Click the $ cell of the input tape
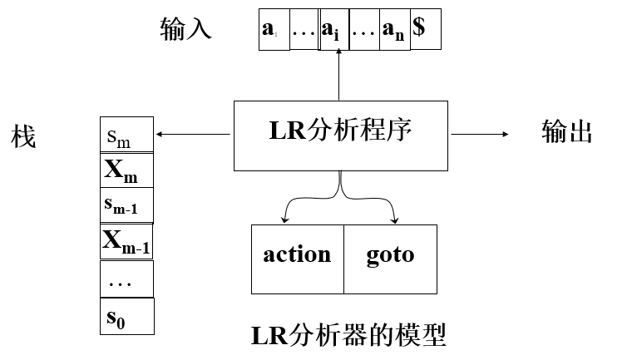(x=425, y=29)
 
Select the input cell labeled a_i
(x=335, y=30)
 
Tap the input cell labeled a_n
(x=395, y=30)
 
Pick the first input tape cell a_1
(x=274, y=30)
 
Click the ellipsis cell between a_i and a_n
(x=364, y=30)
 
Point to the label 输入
(x=185, y=29)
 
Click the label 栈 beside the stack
(x=23, y=136)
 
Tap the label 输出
(x=566, y=132)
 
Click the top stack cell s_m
(x=126, y=136)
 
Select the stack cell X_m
(x=126, y=170)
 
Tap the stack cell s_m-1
(x=126, y=205)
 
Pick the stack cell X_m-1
(x=126, y=241)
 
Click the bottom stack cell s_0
(x=126, y=316)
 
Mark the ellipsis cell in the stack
(x=126, y=279)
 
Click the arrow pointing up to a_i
(x=339, y=75)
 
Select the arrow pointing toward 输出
(x=479, y=134)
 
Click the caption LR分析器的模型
(x=348, y=335)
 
